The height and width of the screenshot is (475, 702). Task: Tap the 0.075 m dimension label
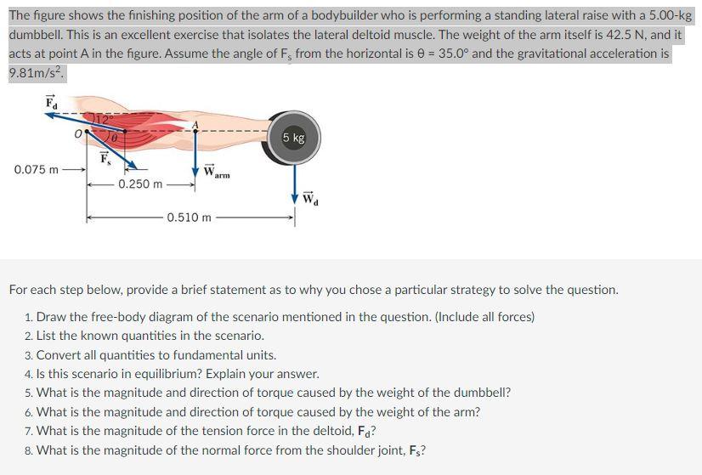click(36, 169)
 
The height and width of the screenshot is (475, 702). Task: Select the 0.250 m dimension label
click(141, 184)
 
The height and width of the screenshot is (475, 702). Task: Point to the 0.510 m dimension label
click(189, 218)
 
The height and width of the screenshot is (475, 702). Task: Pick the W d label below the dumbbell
click(314, 201)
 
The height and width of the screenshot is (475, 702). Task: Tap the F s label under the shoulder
click(105, 158)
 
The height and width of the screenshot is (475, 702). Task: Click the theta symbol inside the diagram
click(113, 136)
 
